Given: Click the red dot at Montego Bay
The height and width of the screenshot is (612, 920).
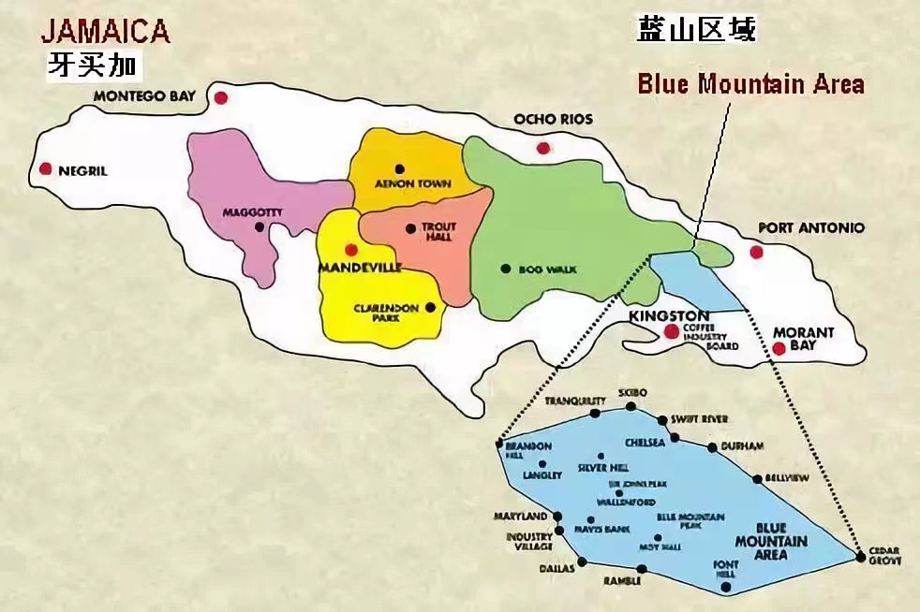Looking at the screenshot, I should pyautogui.click(x=221, y=97).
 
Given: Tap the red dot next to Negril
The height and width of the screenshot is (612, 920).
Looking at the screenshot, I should pyautogui.click(x=45, y=168).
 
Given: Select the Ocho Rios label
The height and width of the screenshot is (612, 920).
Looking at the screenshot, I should pyautogui.click(x=553, y=120).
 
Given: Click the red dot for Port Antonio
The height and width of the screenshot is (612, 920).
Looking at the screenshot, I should pyautogui.click(x=756, y=252).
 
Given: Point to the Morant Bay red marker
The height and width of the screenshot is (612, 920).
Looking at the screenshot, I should pyautogui.click(x=779, y=348).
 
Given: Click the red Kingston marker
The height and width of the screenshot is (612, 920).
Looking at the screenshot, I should pyautogui.click(x=671, y=331).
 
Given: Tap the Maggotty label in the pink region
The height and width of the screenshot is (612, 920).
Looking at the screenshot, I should pyautogui.click(x=252, y=212).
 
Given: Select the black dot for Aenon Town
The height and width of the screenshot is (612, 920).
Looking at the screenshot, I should pyautogui.click(x=400, y=169).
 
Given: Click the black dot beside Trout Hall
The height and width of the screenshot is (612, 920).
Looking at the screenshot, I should pyautogui.click(x=410, y=227).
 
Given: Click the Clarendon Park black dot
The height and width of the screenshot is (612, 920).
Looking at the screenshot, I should pyautogui.click(x=430, y=306).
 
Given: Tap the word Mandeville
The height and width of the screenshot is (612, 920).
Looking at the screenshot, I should pyautogui.click(x=361, y=268).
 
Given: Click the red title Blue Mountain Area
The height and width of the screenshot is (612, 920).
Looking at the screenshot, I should pyautogui.click(x=750, y=84).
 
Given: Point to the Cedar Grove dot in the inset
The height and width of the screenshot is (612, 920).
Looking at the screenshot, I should pyautogui.click(x=860, y=557).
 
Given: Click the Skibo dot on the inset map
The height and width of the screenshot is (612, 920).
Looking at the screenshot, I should pyautogui.click(x=631, y=406).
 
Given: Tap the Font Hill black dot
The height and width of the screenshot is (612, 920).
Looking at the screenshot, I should pyautogui.click(x=726, y=587).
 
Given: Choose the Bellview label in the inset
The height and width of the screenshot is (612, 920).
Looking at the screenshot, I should pyautogui.click(x=786, y=478).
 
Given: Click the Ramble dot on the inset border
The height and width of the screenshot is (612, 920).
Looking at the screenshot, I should pyautogui.click(x=642, y=568).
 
